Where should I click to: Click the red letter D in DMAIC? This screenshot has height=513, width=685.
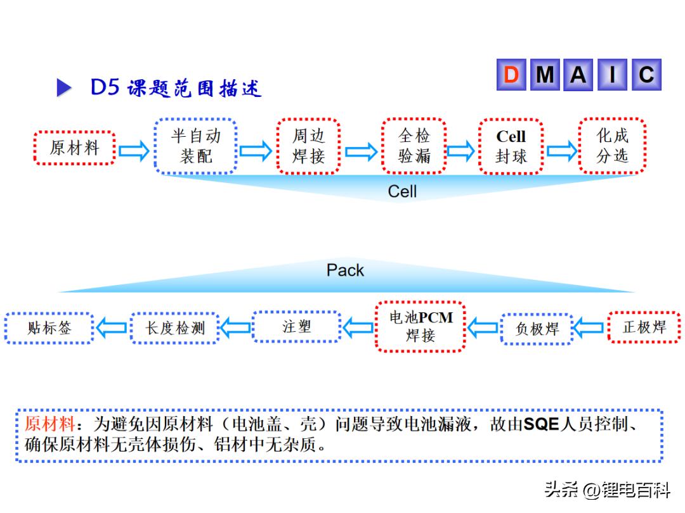pos(511,75)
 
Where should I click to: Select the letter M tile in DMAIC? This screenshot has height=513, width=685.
pos(545,75)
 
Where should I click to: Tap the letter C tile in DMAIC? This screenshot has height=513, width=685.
pos(646,75)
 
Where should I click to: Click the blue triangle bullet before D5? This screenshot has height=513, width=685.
pos(64,87)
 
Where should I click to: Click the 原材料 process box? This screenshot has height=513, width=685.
pos(74,148)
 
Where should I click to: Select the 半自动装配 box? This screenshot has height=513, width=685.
pos(195,146)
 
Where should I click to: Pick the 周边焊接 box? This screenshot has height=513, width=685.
pos(308,146)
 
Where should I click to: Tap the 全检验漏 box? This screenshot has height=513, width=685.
pos(414,146)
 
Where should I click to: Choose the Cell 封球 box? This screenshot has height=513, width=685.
pos(511,146)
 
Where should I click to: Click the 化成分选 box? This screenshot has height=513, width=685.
pos(612,146)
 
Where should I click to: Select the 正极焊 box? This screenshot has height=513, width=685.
pos(644,327)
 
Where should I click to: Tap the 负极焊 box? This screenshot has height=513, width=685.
pos(537,329)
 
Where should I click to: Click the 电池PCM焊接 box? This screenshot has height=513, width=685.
pos(420,327)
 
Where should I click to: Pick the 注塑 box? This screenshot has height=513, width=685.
pos(296,327)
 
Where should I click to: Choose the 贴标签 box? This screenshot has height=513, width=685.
pos(49,328)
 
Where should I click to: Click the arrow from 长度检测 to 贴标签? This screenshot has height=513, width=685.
pos(112,328)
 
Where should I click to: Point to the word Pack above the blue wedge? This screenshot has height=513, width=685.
pos(345,270)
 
